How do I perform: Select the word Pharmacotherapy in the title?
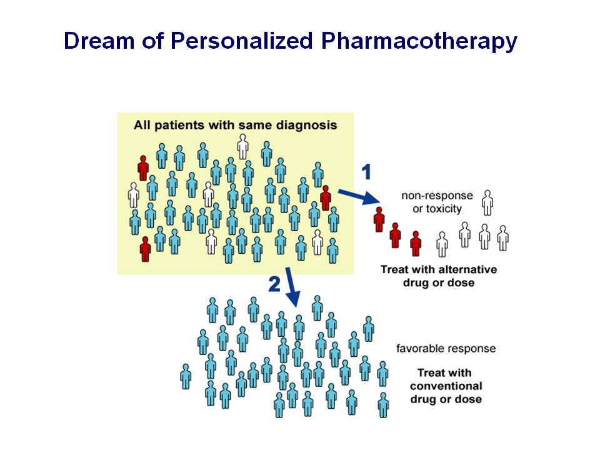pyautogui.click(x=419, y=41)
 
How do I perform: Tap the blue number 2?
pyautogui.click(x=274, y=284)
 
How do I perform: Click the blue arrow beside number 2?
pyautogui.click(x=292, y=287)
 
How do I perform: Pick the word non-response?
pyautogui.click(x=437, y=196)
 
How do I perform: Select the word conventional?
pyautogui.click(x=446, y=386)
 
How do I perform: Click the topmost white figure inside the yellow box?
pyautogui.click(x=242, y=146)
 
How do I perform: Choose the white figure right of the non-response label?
pyautogui.click(x=487, y=202)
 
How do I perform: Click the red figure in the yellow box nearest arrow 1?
pyautogui.click(x=326, y=198)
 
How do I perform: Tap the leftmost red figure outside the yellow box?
pyautogui.click(x=379, y=219)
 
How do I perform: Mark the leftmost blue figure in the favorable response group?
pyautogui.click(x=186, y=376)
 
